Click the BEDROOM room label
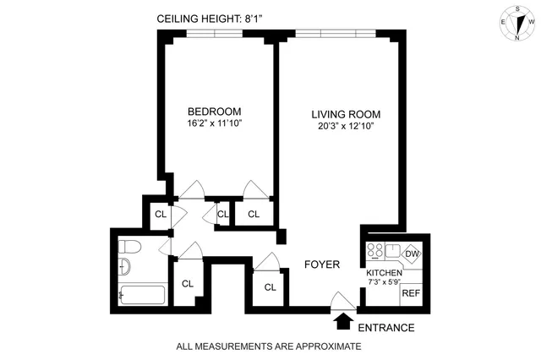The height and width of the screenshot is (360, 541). pos(214,112)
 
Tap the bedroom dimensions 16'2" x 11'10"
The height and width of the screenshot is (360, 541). pos(214,124)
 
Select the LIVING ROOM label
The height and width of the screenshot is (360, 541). pos(345,115)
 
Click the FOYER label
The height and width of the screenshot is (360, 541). pos(322,265)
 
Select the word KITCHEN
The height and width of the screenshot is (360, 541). pos(384,273)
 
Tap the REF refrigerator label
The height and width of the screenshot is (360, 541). pos(411,293)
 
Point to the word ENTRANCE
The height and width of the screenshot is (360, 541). pos(385,327)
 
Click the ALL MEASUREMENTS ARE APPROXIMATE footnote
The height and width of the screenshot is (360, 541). pos(268,346)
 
